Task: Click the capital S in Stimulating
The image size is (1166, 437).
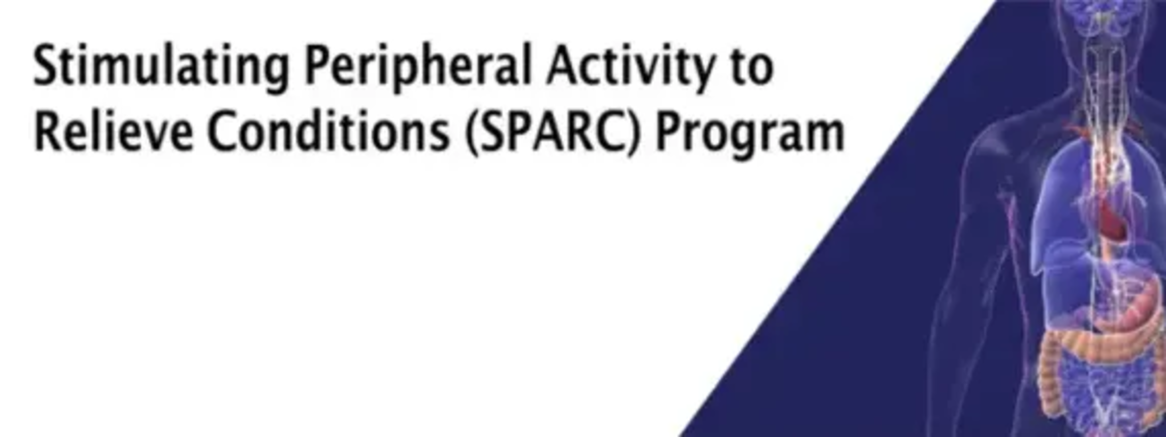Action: tap(46, 65)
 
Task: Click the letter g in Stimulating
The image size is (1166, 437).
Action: tap(277, 74)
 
